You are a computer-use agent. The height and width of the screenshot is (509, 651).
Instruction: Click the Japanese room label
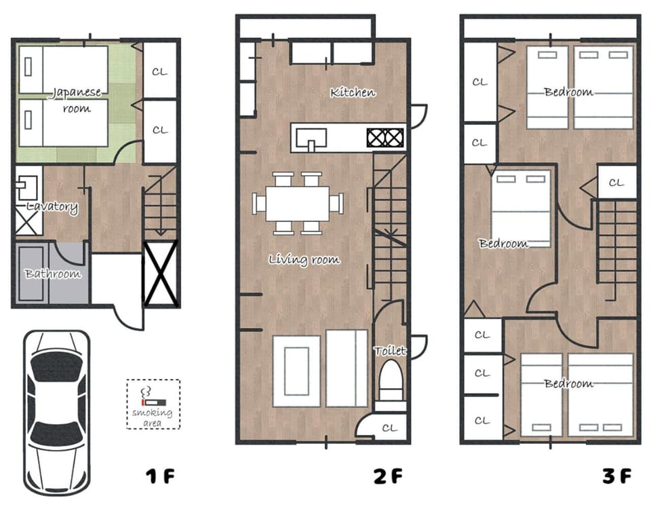coord(75,100)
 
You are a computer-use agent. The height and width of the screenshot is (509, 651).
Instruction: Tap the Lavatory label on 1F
coord(52,206)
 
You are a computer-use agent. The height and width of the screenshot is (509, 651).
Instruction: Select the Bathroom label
coord(53,274)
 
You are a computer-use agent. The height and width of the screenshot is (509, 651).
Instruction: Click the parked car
coord(56,413)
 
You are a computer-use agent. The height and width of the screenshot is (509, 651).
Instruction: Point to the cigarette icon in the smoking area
coord(154,402)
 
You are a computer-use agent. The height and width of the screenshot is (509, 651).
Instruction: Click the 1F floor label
coord(160,476)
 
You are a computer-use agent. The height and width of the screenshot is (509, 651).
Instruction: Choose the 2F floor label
coord(388,476)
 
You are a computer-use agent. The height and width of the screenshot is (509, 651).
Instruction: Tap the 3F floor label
coord(617,476)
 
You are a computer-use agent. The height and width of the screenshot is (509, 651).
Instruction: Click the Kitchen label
coord(353,92)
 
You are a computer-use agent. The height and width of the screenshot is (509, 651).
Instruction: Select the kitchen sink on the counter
coord(311,139)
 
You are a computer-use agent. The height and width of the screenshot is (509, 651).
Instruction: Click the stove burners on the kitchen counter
coord(385,138)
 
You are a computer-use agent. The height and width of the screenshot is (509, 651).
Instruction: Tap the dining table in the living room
coord(297,204)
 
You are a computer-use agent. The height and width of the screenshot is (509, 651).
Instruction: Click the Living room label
coord(304,260)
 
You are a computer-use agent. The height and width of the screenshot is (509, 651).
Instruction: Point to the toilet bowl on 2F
coord(391,380)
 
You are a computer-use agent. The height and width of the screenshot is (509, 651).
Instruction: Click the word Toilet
coord(390,351)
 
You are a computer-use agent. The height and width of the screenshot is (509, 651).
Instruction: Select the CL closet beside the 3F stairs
coord(616,182)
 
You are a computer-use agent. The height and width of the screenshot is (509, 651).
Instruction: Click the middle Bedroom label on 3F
coord(504,243)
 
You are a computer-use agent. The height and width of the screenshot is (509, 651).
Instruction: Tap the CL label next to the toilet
coord(389,428)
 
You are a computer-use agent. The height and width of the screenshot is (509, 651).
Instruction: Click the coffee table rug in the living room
coord(296,371)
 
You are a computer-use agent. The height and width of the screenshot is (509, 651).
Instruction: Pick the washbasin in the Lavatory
coord(26,188)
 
